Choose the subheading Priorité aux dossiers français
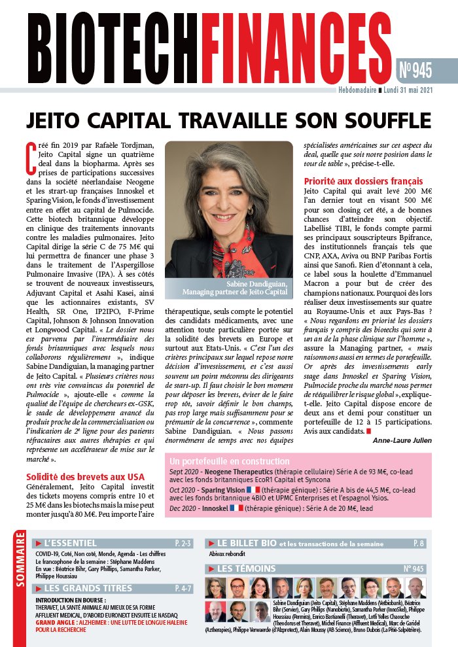pos(363,181)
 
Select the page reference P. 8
pos(418,543)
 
